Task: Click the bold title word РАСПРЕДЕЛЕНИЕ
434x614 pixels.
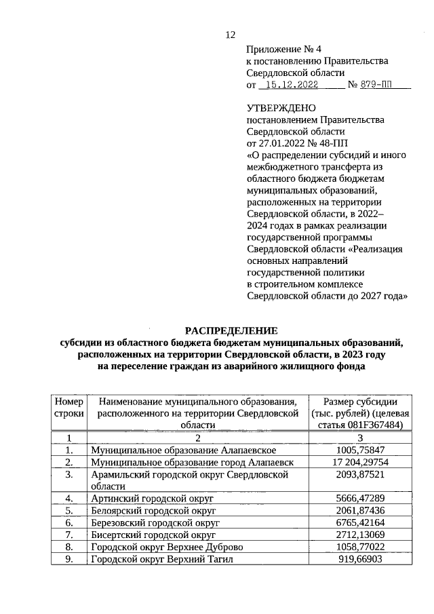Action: [x=232, y=330]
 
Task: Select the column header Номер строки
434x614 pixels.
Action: [x=69, y=406]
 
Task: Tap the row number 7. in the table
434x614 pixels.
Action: [x=69, y=535]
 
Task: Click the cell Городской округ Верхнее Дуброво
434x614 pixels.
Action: [x=167, y=546]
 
